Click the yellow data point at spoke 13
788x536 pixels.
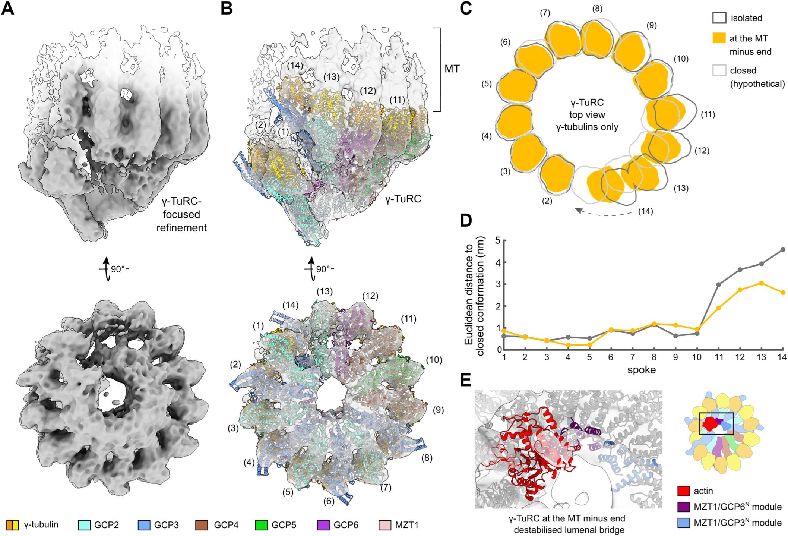(762, 283)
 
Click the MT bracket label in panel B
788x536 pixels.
(452, 69)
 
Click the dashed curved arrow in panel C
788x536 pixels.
(604, 213)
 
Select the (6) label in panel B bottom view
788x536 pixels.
(328, 501)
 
